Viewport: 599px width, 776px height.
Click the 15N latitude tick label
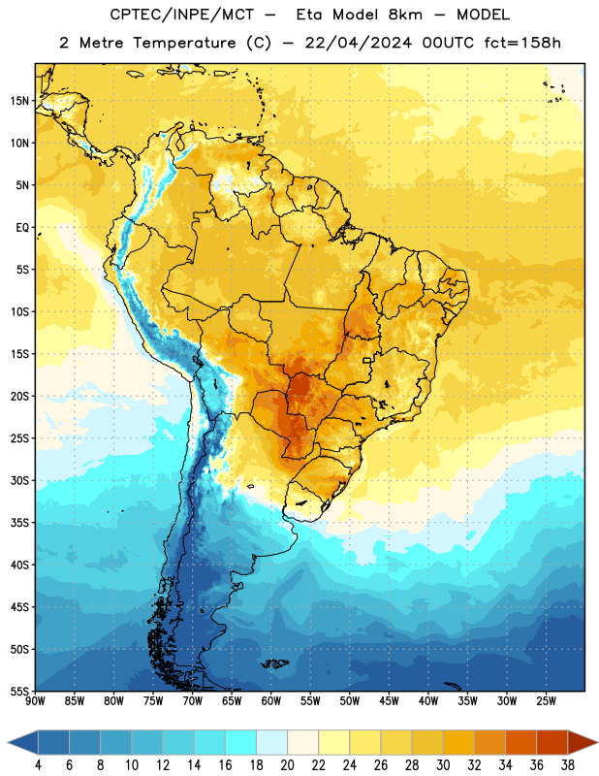pyautogui.click(x=19, y=101)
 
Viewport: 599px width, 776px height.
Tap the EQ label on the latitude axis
pyautogui.click(x=22, y=228)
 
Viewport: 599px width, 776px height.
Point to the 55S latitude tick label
pyautogui.click(x=19, y=691)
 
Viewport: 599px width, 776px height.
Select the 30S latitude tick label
pyautogui.click(x=19, y=480)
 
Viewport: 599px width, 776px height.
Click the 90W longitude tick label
pyautogui.click(x=35, y=701)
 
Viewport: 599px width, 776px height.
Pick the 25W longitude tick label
pyautogui.click(x=546, y=701)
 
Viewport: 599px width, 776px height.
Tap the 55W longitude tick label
pyautogui.click(x=310, y=701)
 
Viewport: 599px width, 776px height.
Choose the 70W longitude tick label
pyautogui.click(x=193, y=701)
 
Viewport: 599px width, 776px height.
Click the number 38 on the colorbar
pyautogui.click(x=568, y=765)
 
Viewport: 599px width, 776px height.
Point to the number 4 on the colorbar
pyautogui.click(x=38, y=765)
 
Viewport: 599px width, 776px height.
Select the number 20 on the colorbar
pyautogui.click(x=287, y=765)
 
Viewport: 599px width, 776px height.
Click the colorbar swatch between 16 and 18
pyautogui.click(x=241, y=743)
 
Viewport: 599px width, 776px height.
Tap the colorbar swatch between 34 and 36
pyautogui.click(x=521, y=743)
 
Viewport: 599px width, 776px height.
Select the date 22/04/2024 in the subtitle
pyautogui.click(x=358, y=43)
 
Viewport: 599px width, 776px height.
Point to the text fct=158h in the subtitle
pyautogui.click(x=522, y=43)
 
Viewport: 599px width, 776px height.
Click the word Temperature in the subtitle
pyautogui.click(x=184, y=43)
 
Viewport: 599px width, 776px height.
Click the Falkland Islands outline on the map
pyautogui.click(x=274, y=663)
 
